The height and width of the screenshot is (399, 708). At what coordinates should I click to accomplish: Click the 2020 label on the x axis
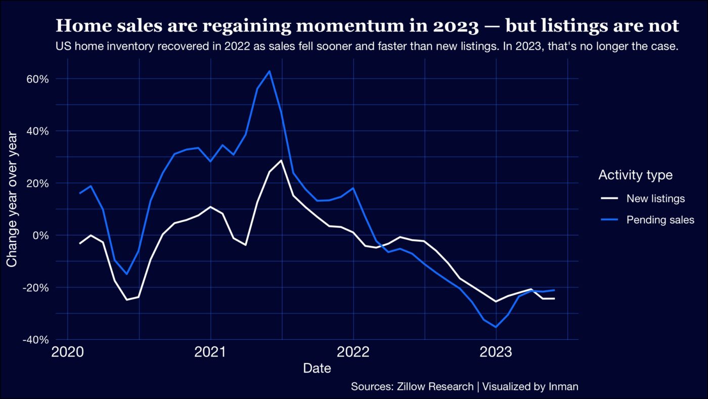(67, 352)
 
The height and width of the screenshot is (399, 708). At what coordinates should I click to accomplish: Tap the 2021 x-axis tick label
(210, 352)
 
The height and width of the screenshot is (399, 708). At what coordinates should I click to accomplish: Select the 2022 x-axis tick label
(353, 352)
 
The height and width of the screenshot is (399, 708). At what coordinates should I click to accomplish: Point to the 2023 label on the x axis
(496, 352)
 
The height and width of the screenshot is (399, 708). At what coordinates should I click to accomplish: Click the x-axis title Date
(317, 369)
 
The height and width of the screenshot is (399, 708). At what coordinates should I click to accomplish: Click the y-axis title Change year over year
(12, 198)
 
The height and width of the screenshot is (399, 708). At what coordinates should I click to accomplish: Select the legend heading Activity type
(635, 175)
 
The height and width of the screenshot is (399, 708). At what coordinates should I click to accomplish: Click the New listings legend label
(655, 198)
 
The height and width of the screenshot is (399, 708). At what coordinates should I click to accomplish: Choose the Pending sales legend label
(660, 220)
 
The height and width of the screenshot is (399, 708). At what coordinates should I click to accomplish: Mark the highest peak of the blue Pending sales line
(270, 71)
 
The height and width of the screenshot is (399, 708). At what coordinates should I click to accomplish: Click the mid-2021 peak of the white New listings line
(281, 161)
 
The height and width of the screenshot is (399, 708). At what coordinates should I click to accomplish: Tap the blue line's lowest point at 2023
(496, 327)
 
